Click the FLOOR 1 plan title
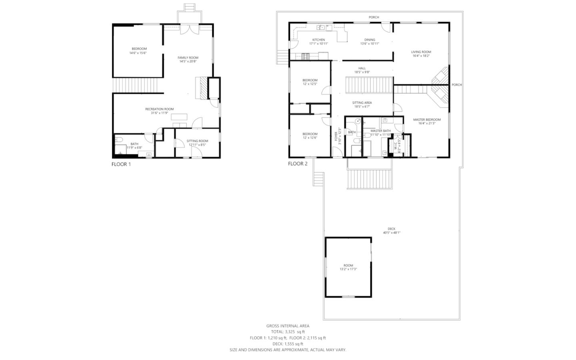point(121,164)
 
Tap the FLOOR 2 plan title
point(298,164)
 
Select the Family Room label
point(188,58)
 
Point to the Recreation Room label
point(159,109)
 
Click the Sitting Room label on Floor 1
point(197,141)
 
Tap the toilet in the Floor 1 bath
point(119,140)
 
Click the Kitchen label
point(318,40)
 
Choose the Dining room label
point(370,40)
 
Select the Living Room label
point(421,52)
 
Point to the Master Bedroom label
point(426,120)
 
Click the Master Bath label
point(380,131)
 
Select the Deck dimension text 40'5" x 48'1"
point(391,232)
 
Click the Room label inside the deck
point(348,266)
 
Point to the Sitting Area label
point(362,103)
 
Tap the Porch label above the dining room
point(374,17)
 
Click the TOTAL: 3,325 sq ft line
point(288,332)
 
